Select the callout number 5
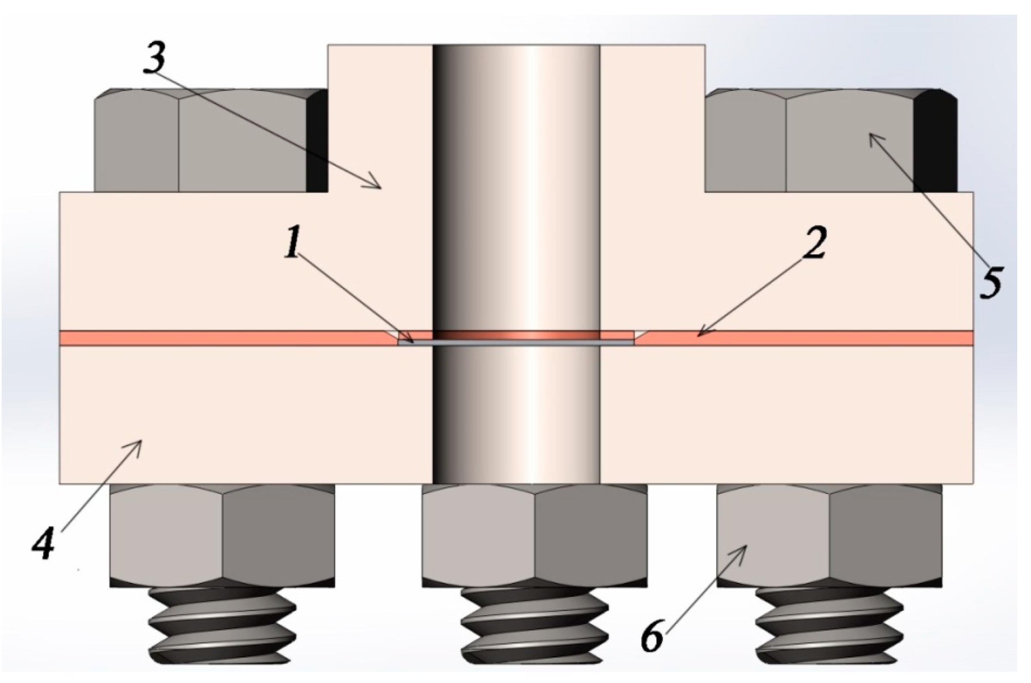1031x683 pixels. click(x=990, y=282)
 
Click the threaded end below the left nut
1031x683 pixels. click(x=222, y=625)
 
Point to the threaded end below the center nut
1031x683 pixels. click(x=534, y=625)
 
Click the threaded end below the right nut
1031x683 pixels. click(x=829, y=625)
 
